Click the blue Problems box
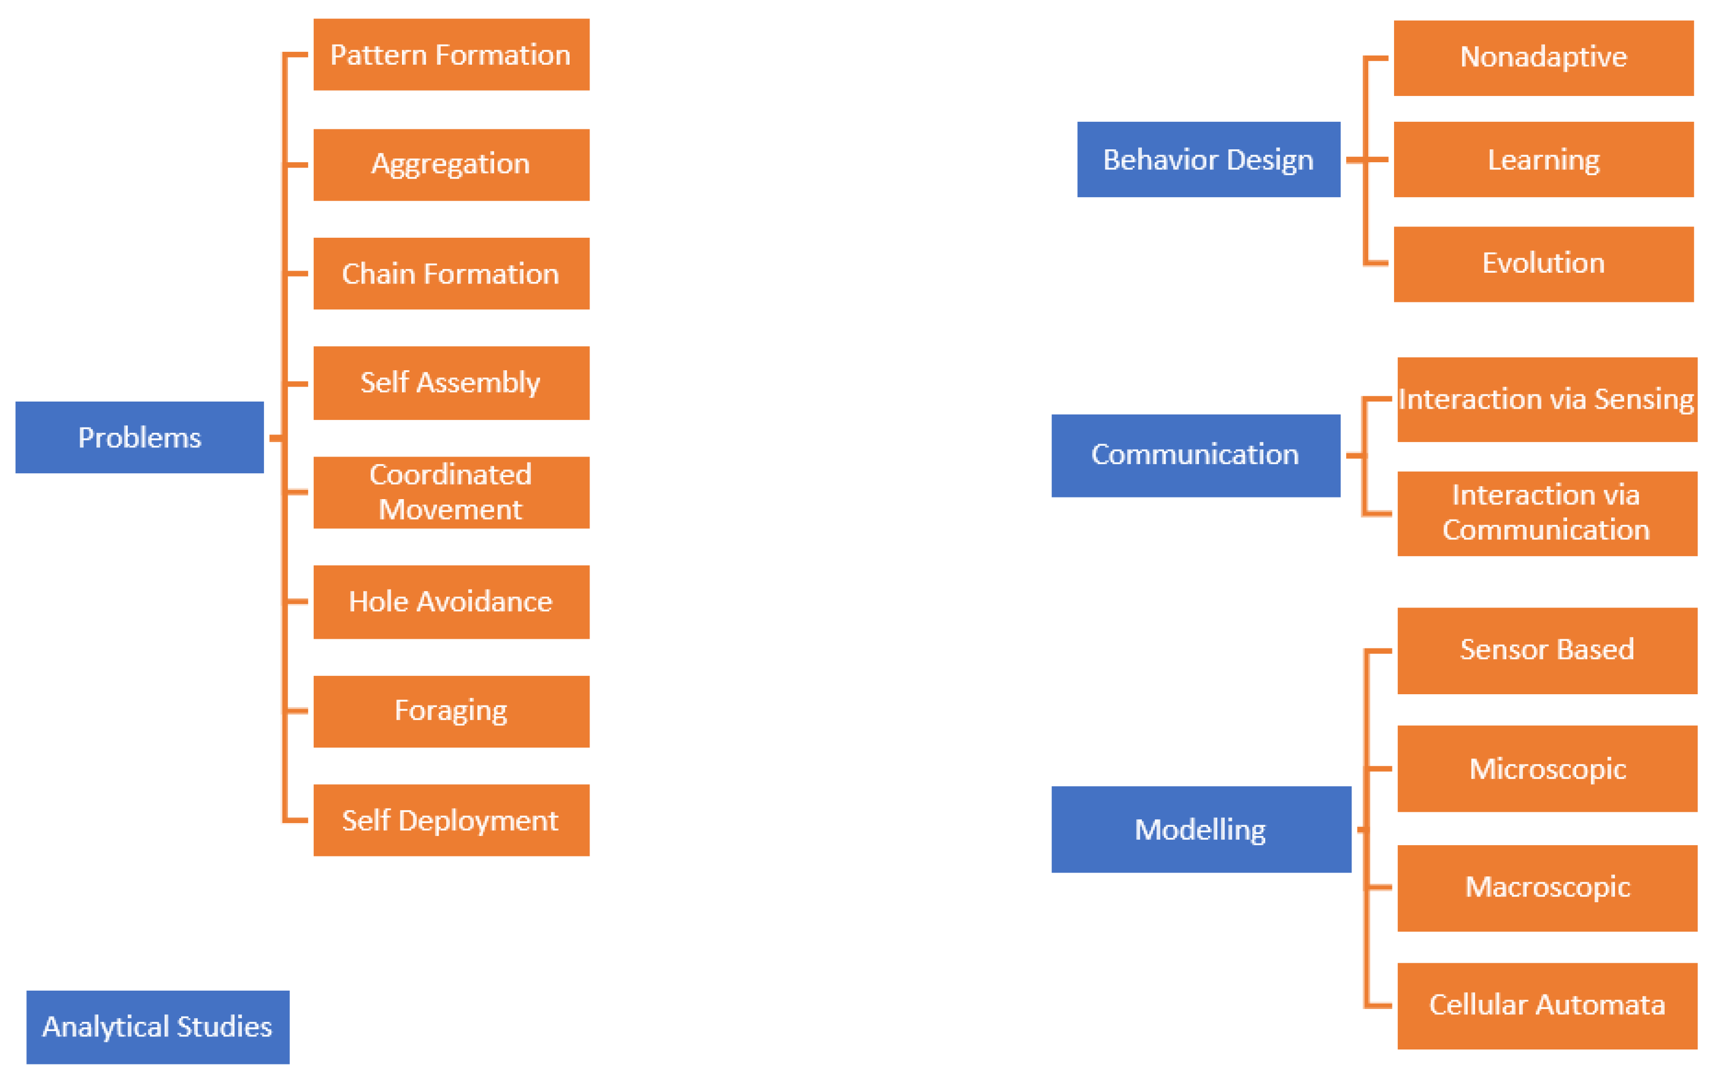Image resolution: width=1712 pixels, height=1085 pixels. [x=140, y=437]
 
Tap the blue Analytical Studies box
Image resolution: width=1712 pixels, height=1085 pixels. [x=158, y=1027]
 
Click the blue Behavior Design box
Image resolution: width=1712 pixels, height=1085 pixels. [x=1208, y=159]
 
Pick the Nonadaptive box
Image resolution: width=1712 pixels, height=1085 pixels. [x=1543, y=58]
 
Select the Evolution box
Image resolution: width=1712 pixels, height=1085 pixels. [x=1543, y=264]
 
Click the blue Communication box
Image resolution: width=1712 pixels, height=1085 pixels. [x=1195, y=455]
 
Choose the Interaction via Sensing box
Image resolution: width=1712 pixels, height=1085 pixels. [x=1547, y=399]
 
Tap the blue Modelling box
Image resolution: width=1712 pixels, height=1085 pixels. [x=1201, y=829]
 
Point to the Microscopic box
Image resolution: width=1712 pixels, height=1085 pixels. [x=1547, y=769]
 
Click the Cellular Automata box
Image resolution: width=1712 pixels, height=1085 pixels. [x=1547, y=1005]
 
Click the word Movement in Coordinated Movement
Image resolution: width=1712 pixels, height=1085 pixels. [x=450, y=510]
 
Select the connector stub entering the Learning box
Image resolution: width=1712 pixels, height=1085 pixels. [x=1378, y=159]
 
